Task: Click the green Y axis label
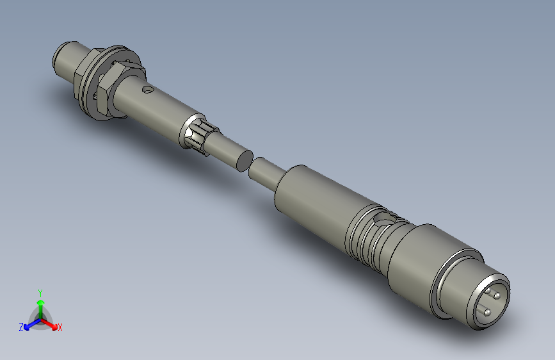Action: coord(40,291)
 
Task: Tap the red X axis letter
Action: coord(60,328)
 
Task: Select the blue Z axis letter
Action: coord(21,327)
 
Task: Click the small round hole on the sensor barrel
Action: coord(148,90)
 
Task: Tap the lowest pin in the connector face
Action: coord(487,312)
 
